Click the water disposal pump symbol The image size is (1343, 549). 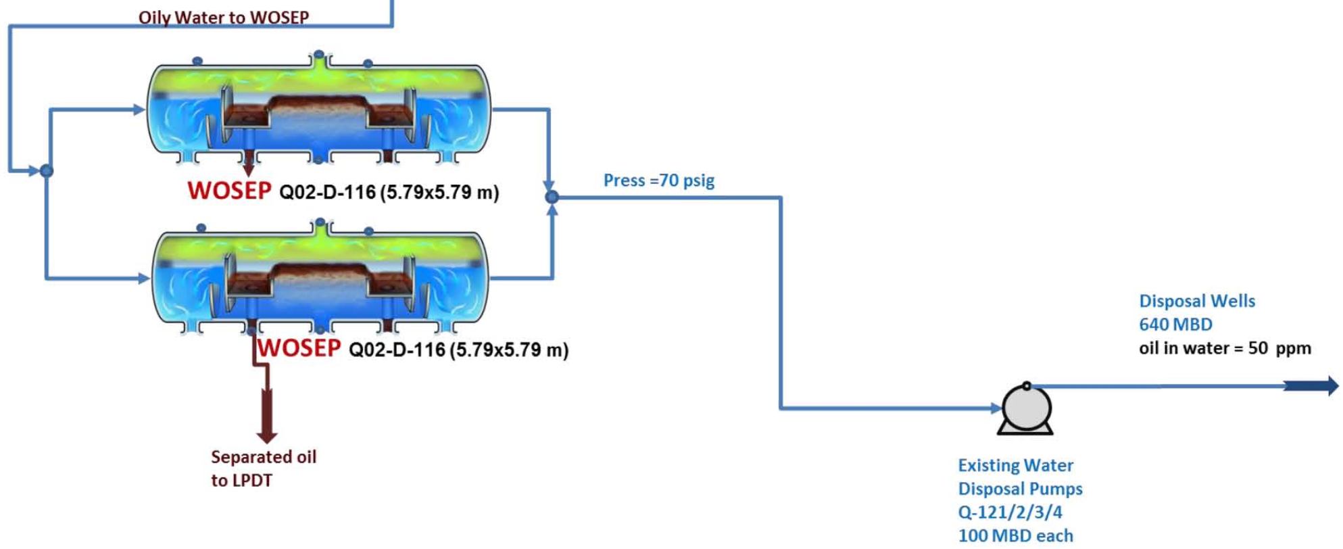[x=1025, y=409]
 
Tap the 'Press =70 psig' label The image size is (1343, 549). [x=658, y=181]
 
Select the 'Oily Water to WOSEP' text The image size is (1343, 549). [x=224, y=17]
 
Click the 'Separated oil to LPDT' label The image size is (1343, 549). [x=263, y=469]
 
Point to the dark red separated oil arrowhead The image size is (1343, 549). [x=267, y=435]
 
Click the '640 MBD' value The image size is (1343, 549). [x=1175, y=325]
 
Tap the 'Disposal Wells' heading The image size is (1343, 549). [x=1196, y=301]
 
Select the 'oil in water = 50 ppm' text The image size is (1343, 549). [x=1224, y=348]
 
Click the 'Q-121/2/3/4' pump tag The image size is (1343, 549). [x=1010, y=512]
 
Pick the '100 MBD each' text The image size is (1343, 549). [x=1015, y=535]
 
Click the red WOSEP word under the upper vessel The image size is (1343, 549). [x=229, y=191]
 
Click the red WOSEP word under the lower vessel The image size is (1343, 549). [x=299, y=348]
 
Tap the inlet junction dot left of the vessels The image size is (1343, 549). [x=46, y=170]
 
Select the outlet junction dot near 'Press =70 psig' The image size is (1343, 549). [x=552, y=197]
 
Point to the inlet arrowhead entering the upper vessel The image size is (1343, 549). [x=139, y=109]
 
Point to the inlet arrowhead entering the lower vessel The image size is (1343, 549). [x=143, y=278]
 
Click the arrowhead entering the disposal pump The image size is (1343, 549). [x=996, y=408]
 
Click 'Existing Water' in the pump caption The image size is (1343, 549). [x=1015, y=465]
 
